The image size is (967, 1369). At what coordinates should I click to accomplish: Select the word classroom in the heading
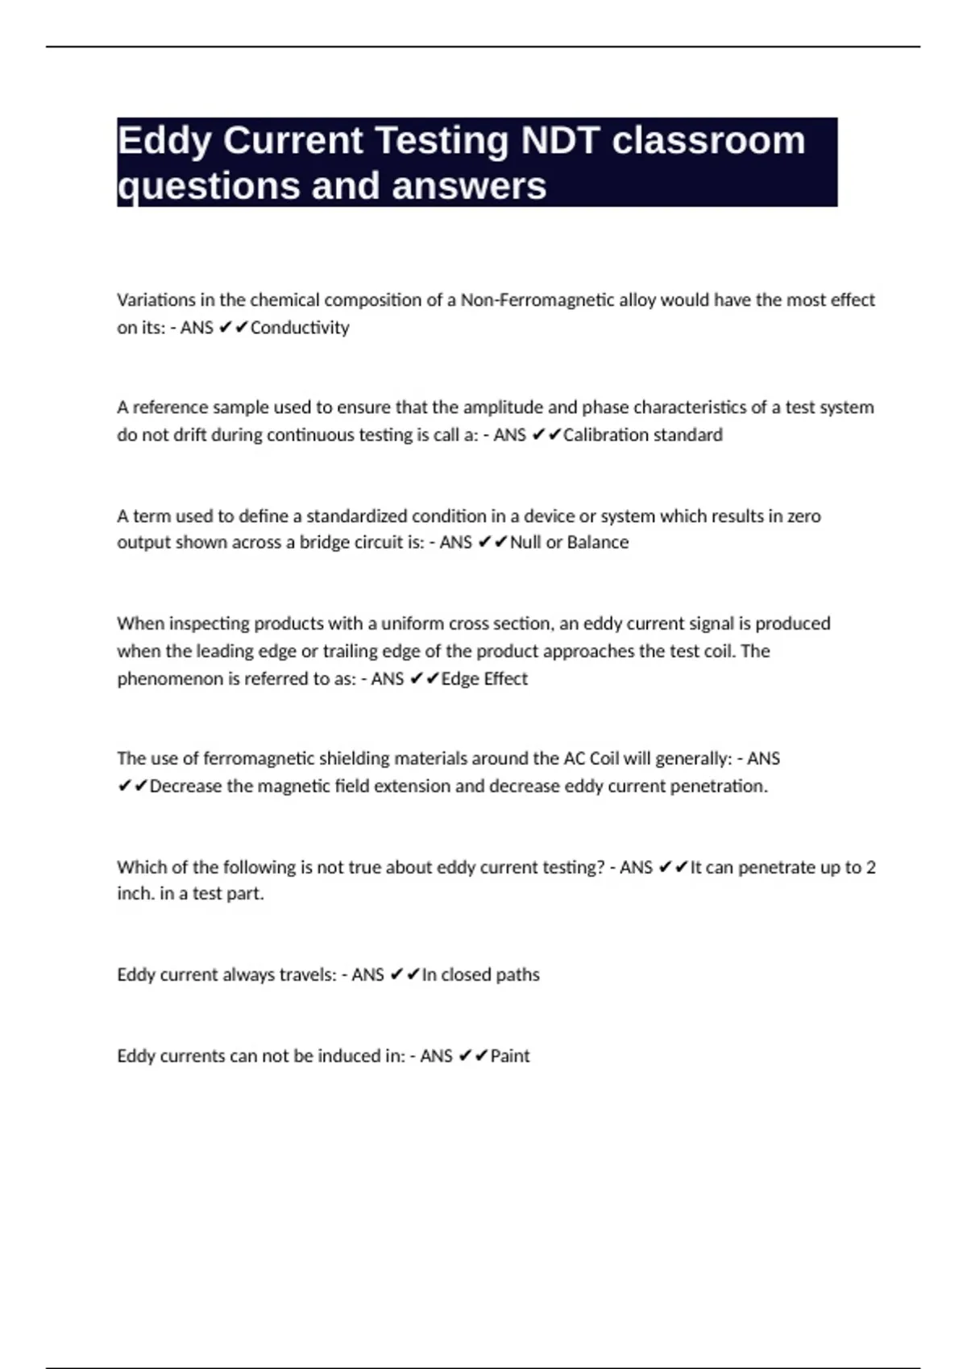point(708,141)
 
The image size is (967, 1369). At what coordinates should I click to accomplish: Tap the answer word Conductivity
point(300,328)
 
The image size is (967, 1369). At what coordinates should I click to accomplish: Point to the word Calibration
point(601,435)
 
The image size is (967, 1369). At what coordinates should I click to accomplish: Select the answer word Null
point(525,542)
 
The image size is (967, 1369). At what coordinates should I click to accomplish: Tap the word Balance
point(597,542)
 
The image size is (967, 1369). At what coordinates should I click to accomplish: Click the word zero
point(802,515)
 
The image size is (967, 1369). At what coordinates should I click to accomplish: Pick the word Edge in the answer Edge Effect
point(460,679)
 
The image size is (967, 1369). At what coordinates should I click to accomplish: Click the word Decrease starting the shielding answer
point(185,786)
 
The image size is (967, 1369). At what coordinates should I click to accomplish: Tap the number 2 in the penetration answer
point(870,867)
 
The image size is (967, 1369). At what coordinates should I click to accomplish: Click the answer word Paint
point(510,1056)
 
